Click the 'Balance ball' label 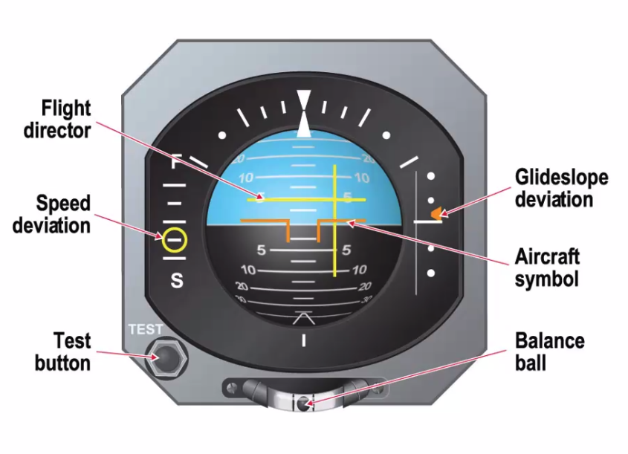[550, 351]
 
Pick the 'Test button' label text [62, 351]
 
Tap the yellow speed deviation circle [175, 241]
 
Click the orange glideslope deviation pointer [436, 213]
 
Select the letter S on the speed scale [177, 281]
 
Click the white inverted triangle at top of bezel [304, 100]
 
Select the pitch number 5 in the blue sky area [348, 197]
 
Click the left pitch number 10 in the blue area [246, 178]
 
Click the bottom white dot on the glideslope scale [431, 273]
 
